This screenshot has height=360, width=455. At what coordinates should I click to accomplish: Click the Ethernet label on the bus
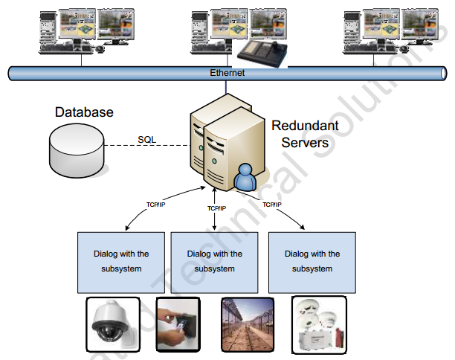pyautogui.click(x=227, y=73)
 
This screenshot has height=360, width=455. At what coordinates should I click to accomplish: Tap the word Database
pyautogui.click(x=84, y=112)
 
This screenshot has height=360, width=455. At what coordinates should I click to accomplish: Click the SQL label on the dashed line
pyautogui.click(x=147, y=139)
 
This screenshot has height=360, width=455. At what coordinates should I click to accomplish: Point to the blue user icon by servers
pyautogui.click(x=244, y=178)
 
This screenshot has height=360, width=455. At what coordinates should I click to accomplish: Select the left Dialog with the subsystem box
pyautogui.click(x=121, y=261)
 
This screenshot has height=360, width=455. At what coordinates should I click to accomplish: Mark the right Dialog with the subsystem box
pyautogui.click(x=312, y=261)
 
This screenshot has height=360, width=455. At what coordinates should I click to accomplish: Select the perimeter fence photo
pyautogui.click(x=247, y=324)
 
